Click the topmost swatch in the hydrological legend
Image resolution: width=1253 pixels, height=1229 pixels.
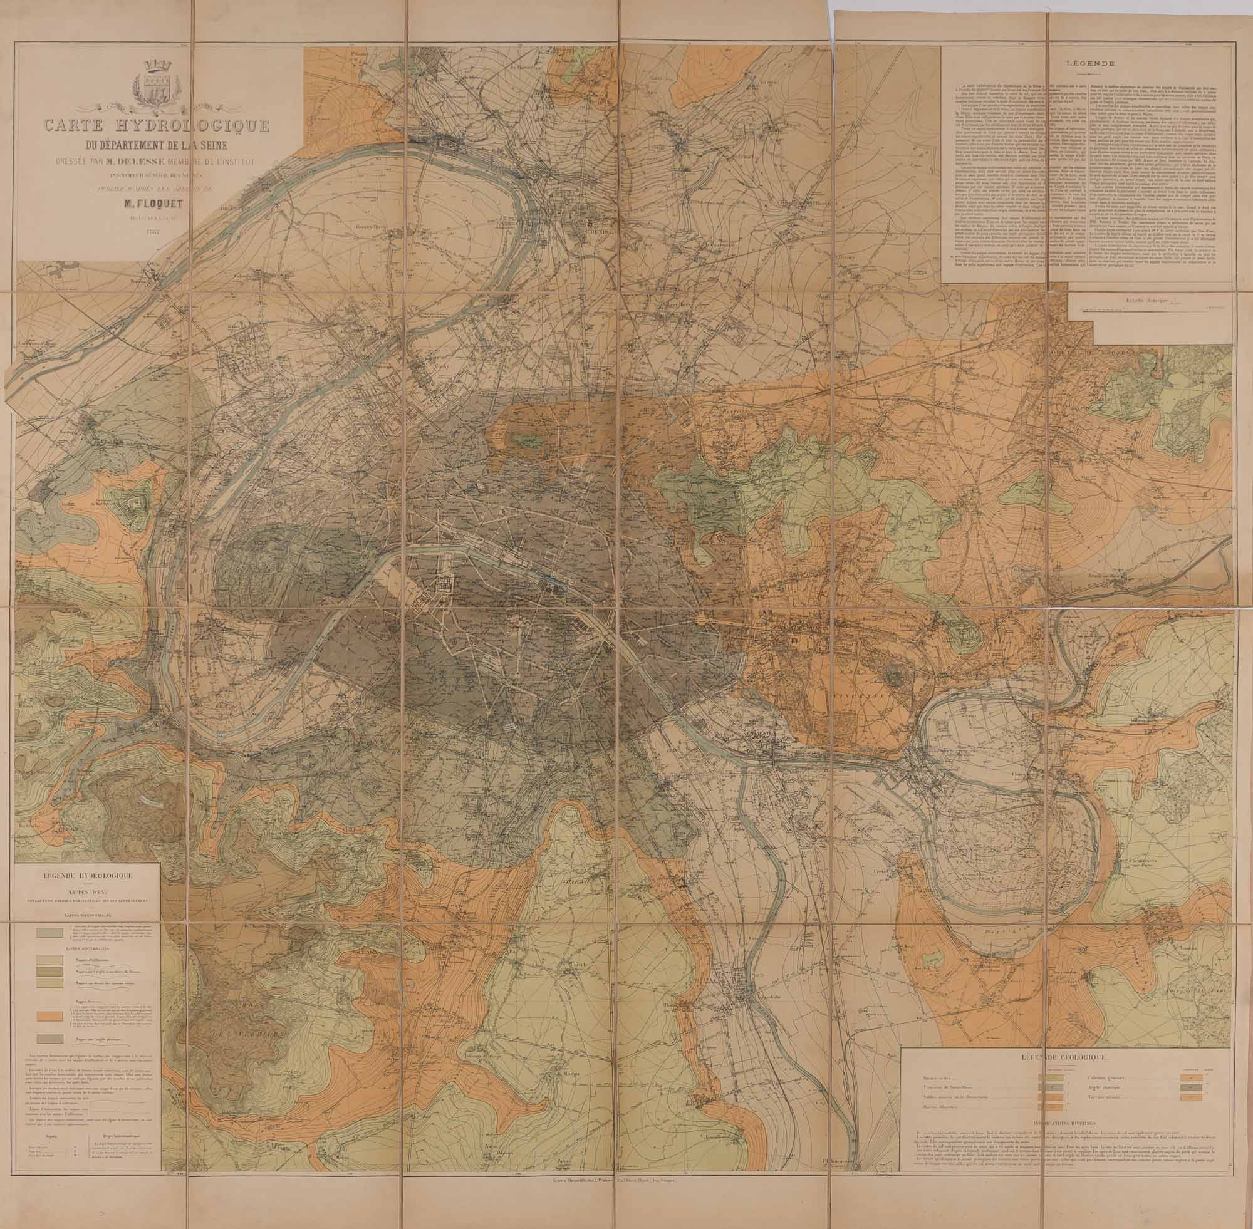49,933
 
